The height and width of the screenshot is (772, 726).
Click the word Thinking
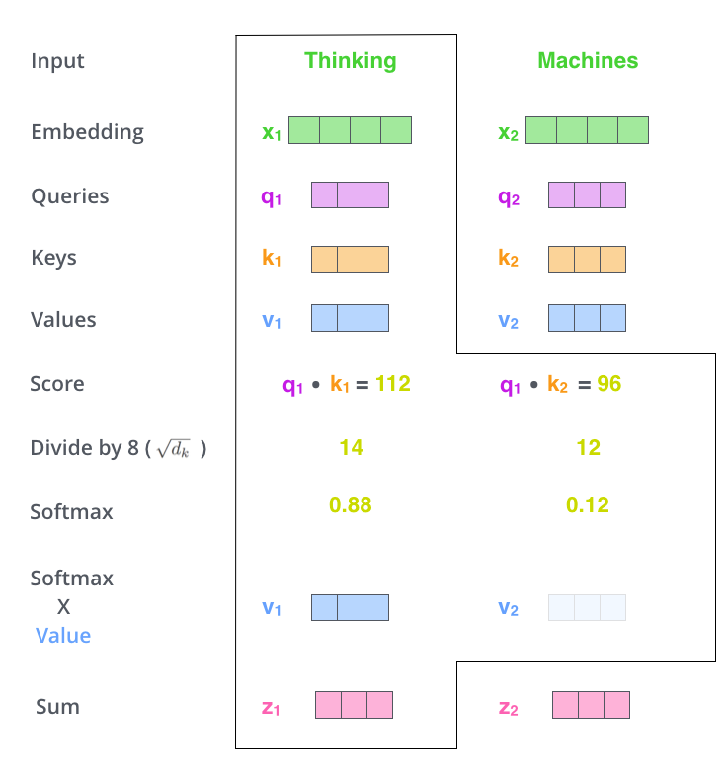coord(351,61)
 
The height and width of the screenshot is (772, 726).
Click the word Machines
coord(588,61)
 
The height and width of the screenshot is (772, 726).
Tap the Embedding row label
coord(87,132)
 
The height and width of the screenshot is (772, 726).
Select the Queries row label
coord(70,196)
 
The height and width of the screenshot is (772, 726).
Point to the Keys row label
coord(53,258)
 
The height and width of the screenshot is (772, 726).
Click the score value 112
coord(392,384)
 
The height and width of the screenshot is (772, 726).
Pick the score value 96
coord(608,384)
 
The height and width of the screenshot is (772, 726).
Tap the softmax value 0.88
coord(351,505)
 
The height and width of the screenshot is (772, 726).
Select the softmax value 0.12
coord(587,505)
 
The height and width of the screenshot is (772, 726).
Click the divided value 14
coord(351,447)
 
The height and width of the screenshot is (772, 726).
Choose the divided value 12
coord(588,447)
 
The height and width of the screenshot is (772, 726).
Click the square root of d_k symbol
coord(173,449)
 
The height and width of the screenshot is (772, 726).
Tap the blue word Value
coord(63,636)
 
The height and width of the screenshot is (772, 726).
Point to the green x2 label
coord(508,133)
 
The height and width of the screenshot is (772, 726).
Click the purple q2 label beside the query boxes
coord(509,197)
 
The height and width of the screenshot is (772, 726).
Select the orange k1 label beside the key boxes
coord(272,258)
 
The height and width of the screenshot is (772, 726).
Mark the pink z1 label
coord(271,708)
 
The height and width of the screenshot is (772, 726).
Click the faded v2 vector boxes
coord(587,607)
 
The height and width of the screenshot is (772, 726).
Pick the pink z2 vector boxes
coord(591,705)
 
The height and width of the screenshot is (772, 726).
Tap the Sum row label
coord(57,707)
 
